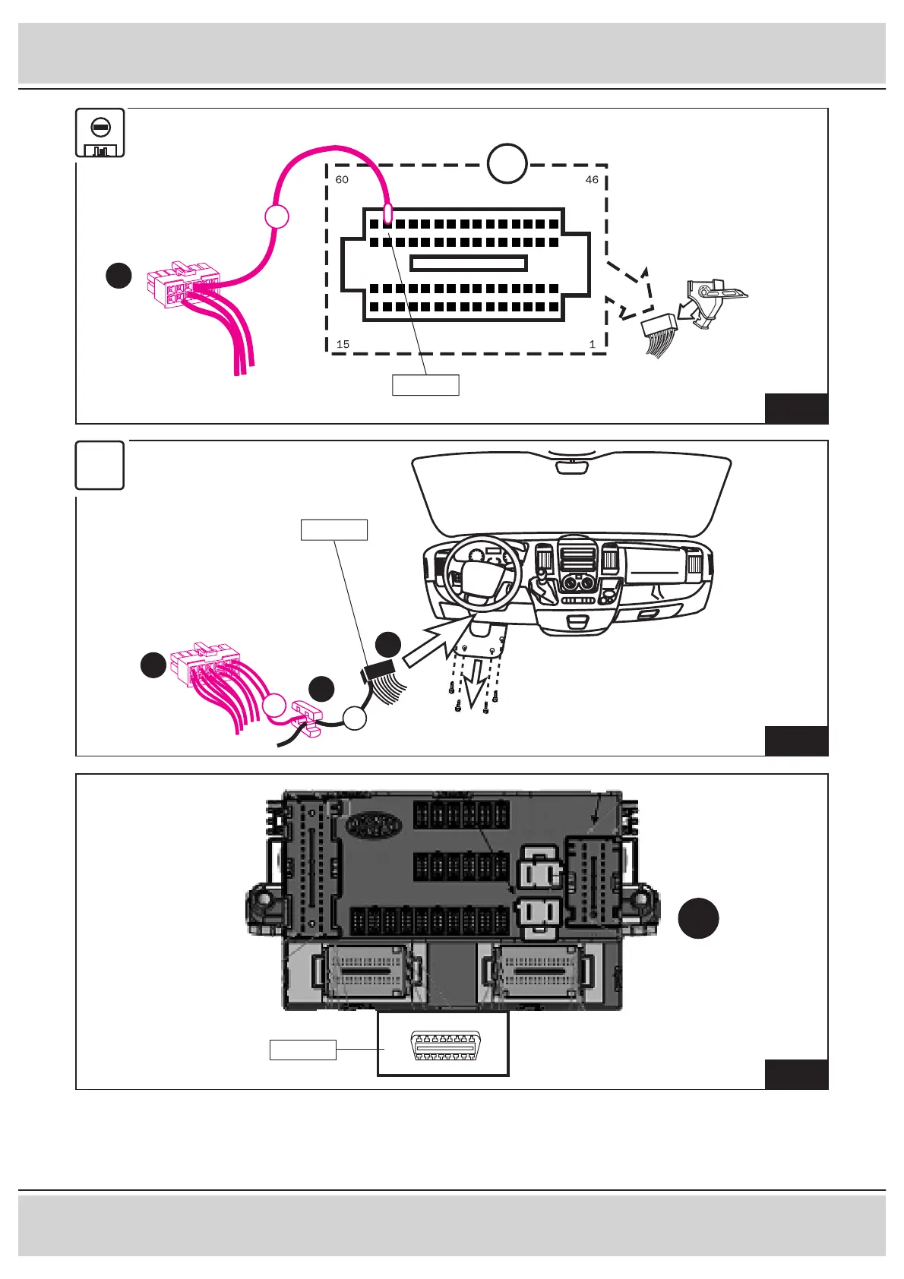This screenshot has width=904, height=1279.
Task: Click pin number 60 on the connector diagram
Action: click(342, 180)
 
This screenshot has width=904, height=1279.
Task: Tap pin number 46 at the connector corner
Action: click(592, 180)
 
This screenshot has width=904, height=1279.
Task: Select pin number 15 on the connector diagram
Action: click(343, 344)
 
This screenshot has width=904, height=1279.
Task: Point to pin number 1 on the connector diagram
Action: click(593, 344)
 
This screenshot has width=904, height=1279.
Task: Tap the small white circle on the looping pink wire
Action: click(277, 216)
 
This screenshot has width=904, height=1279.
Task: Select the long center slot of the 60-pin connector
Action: click(468, 264)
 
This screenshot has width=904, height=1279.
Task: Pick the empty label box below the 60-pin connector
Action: click(425, 385)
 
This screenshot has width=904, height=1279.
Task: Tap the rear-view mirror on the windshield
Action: click(571, 466)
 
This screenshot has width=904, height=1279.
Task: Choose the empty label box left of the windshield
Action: click(334, 529)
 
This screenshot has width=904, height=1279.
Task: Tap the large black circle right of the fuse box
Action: click(698, 917)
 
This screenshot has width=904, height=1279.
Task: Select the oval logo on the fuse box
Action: click(374, 825)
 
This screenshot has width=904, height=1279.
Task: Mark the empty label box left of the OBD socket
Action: click(303, 1050)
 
